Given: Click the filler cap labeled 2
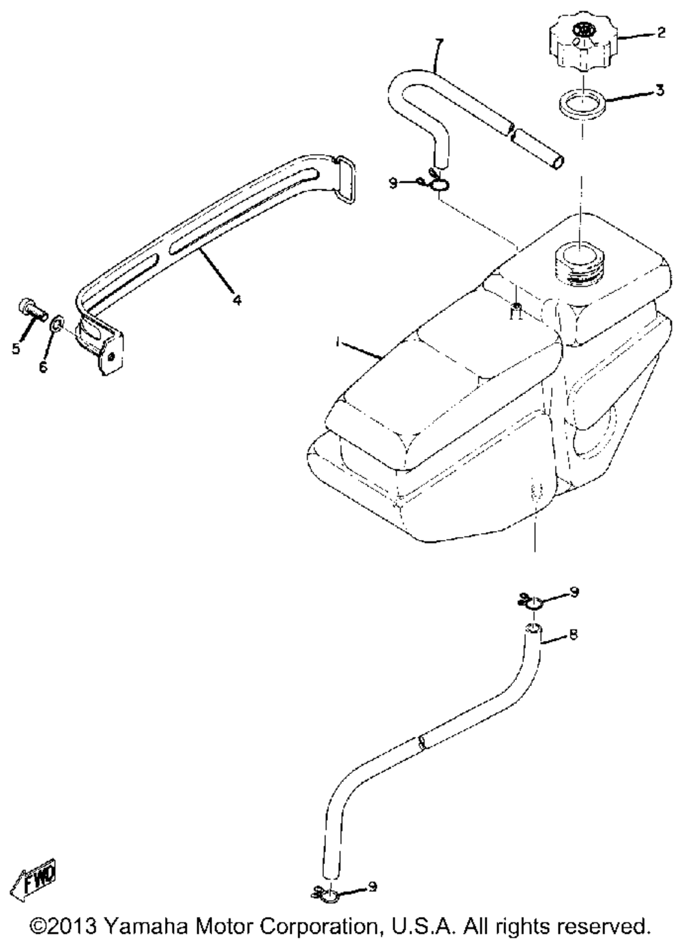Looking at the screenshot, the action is point(581,44).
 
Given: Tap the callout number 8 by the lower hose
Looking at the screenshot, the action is point(573,635).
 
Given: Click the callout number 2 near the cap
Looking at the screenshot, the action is point(660,33).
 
